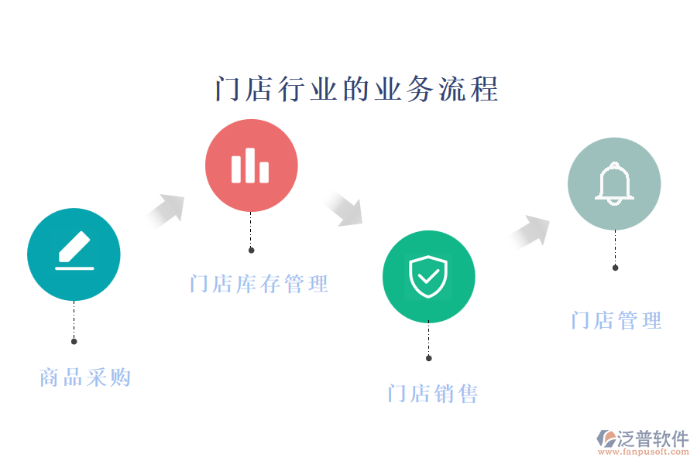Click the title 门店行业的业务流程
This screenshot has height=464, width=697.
click(x=356, y=89)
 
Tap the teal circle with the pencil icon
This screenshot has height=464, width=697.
click(x=74, y=254)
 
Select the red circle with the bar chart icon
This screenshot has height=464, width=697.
click(x=251, y=165)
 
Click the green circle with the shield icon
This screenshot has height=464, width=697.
click(x=428, y=276)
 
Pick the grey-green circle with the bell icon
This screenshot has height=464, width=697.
click(x=614, y=184)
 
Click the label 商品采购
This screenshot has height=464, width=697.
click(x=85, y=377)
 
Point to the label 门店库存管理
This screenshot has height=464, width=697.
click(x=259, y=284)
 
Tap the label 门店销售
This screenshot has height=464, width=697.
click(x=433, y=394)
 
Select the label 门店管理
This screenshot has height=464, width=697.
click(x=616, y=320)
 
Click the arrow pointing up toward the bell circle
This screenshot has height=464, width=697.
click(x=532, y=230)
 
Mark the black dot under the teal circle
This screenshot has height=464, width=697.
click(x=74, y=341)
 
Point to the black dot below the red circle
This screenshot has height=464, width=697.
click(x=251, y=250)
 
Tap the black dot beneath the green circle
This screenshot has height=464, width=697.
click(x=428, y=358)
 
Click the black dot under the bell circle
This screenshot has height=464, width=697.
click(x=615, y=268)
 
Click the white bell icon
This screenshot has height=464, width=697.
click(x=614, y=184)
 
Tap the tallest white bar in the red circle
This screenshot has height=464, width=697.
click(x=249, y=165)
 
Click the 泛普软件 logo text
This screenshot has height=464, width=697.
click(x=652, y=438)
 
